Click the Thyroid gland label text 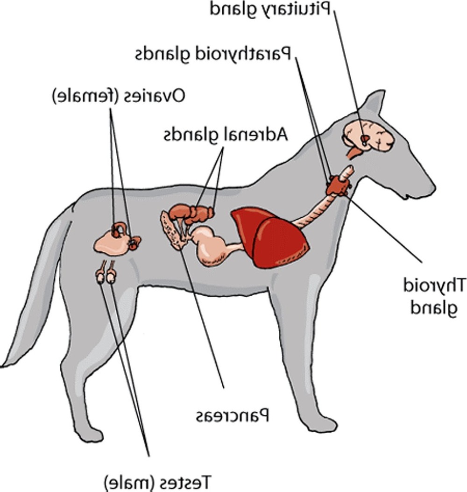(435, 295)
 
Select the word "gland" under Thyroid (435, 308)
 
